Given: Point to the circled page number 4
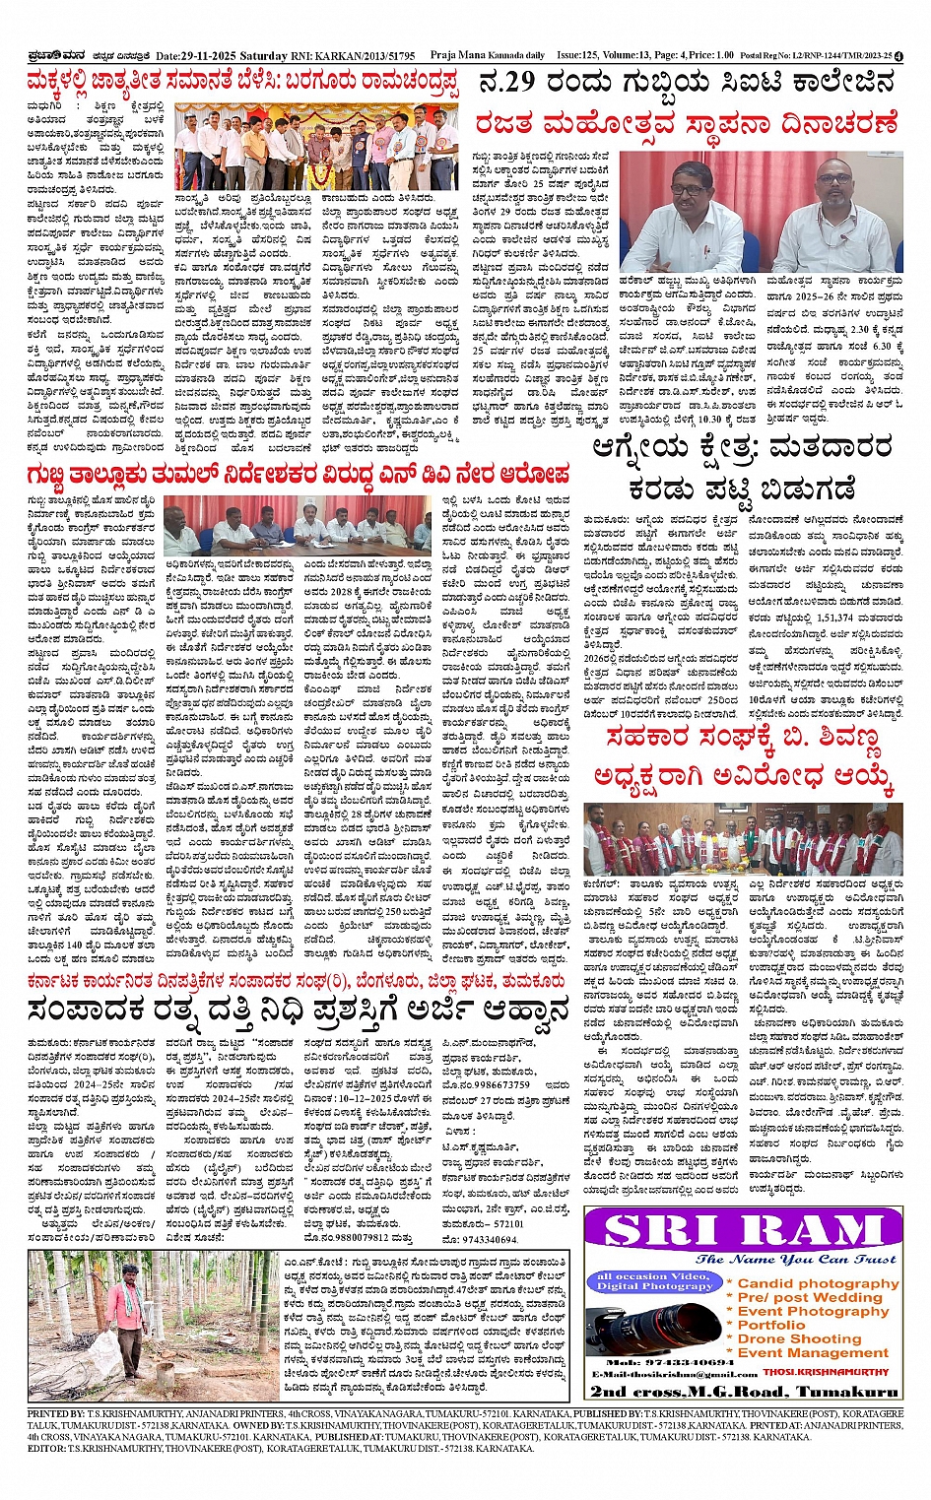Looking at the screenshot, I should point(899,56).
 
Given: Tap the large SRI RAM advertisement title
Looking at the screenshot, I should point(744,1231).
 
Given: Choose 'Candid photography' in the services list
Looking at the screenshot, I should point(818,1283).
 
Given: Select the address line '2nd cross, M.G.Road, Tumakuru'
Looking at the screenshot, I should point(744,1391).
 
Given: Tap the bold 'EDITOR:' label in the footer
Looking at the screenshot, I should point(46,1449).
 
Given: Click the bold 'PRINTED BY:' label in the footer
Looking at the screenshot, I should point(56,1413).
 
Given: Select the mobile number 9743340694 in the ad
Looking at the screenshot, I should point(677,1362).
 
